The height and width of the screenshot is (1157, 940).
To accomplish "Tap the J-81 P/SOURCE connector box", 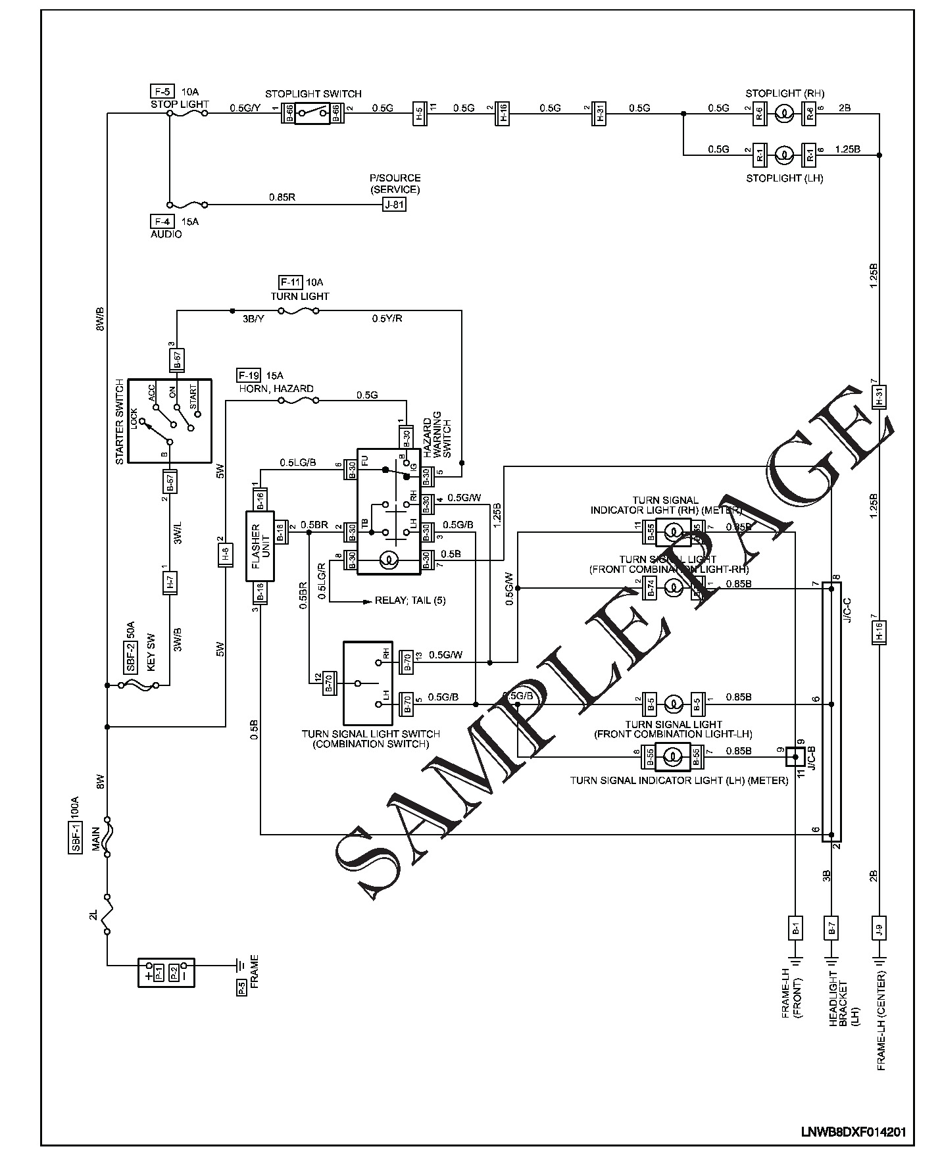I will tap(395, 205).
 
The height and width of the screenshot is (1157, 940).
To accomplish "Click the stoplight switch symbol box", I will tap(312, 113).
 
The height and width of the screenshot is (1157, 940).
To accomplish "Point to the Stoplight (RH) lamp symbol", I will tap(782, 114).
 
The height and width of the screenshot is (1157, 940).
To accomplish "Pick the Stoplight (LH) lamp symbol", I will tap(782, 155).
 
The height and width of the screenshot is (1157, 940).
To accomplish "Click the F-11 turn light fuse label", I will tap(290, 282).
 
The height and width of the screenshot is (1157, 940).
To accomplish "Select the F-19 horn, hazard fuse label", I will tap(248, 376).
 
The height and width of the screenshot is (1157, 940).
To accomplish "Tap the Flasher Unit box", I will tap(260, 545).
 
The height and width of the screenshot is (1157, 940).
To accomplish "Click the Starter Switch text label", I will tap(120, 422).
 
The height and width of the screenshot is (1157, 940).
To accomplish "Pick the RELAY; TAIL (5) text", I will tap(410, 601).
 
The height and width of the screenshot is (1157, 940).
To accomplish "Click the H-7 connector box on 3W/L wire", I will tap(169, 582).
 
